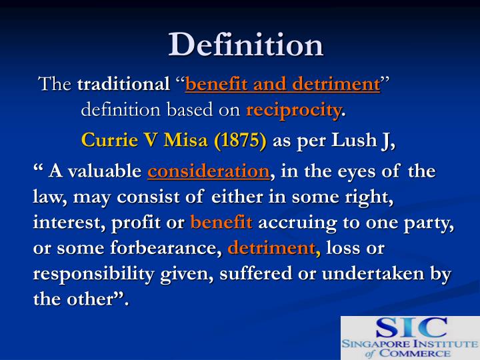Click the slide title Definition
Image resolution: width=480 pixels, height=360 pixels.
[246, 44]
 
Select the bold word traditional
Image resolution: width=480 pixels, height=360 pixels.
[123, 85]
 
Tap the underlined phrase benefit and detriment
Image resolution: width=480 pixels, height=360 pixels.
[283, 85]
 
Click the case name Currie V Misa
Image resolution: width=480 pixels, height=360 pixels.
[139, 141]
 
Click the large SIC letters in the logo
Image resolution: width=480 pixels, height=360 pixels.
[411, 327]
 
